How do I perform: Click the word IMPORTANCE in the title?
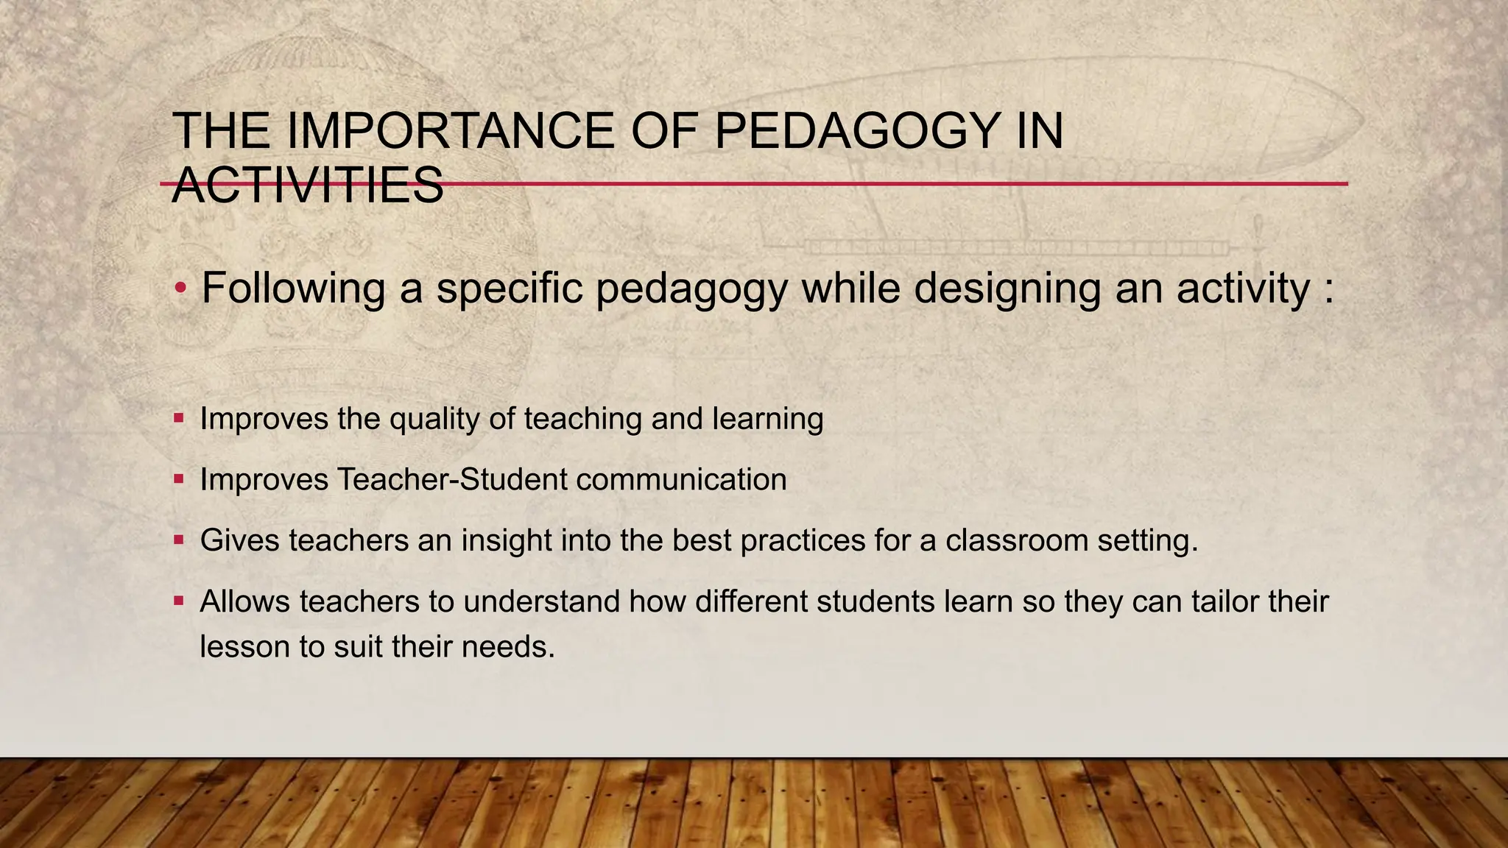(x=449, y=131)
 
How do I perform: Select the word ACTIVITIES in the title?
(x=308, y=185)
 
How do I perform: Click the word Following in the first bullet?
(x=293, y=288)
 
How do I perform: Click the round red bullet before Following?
(x=180, y=289)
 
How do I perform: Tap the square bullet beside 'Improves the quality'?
(x=179, y=418)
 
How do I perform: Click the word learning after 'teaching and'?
(x=767, y=419)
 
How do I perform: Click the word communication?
(x=681, y=480)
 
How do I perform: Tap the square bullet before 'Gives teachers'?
(x=179, y=540)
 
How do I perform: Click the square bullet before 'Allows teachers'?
(x=179, y=601)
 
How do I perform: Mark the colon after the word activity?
(x=1328, y=289)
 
